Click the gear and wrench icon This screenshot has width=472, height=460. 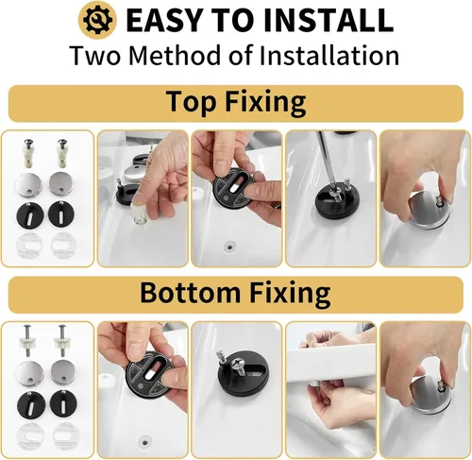point(97,20)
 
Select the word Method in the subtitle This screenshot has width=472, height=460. point(175,55)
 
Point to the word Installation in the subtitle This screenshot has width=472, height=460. point(329,55)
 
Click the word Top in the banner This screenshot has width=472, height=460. point(190,101)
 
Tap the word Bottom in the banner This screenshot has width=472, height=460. point(190,293)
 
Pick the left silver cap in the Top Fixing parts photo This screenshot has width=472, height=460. point(29,185)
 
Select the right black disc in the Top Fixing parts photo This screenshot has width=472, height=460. point(61,213)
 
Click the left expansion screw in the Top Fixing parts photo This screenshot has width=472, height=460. point(29,153)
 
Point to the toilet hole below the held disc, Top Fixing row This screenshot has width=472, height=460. point(229,246)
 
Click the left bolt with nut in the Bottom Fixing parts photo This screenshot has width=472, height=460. point(28,341)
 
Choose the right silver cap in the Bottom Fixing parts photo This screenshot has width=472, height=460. point(62,373)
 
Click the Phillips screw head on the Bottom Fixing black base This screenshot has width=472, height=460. point(238,366)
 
